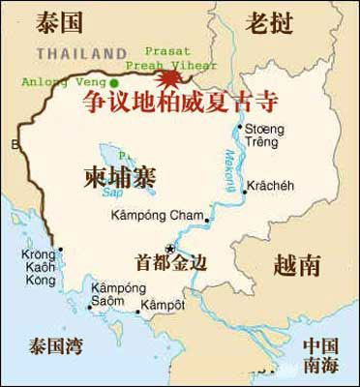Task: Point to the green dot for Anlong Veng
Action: [114, 83]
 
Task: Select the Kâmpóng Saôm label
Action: [108, 296]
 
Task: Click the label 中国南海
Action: [323, 355]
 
